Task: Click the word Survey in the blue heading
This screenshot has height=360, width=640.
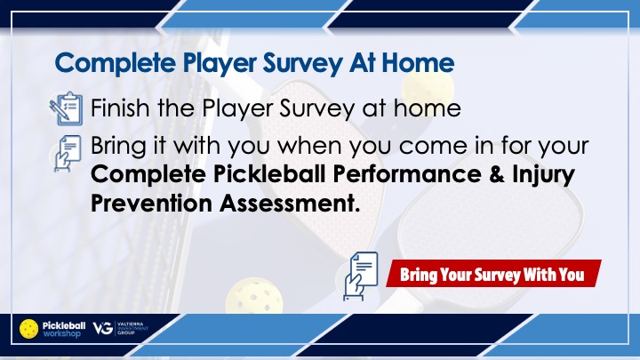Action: (x=302, y=64)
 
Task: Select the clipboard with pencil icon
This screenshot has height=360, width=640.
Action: (x=66, y=108)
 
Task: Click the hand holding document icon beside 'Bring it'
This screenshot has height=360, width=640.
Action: (x=68, y=154)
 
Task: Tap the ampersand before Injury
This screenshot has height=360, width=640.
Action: (x=496, y=174)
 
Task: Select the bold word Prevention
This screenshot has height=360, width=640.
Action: (x=151, y=203)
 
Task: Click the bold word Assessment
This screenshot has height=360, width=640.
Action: (x=290, y=203)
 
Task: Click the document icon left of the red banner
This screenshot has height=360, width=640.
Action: (x=360, y=276)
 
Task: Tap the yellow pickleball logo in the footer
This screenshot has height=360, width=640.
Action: (x=29, y=329)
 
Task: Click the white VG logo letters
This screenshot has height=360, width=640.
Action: (x=102, y=328)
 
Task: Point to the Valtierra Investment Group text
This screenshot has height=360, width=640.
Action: (x=132, y=328)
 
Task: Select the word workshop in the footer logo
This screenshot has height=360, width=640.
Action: (x=61, y=333)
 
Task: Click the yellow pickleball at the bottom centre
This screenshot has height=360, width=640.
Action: (x=254, y=295)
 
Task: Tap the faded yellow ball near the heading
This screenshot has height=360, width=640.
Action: (x=428, y=88)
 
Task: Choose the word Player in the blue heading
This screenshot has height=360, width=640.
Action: (x=220, y=64)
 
